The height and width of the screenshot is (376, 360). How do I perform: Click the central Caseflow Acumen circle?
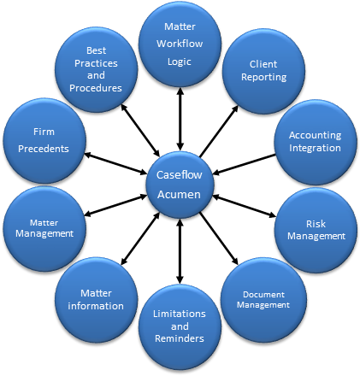pos(180,182)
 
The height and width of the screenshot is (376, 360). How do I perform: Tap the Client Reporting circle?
pos(263,71)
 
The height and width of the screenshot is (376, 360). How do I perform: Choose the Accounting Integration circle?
pos(315,142)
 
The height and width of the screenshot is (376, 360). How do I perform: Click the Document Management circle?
pos(263,299)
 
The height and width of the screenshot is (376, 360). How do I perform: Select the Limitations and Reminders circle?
pos(180,327)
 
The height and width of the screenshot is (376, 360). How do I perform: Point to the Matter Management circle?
pos(44,228)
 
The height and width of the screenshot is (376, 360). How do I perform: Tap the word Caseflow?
pos(180,174)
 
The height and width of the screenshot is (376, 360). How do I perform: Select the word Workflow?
pos(180,43)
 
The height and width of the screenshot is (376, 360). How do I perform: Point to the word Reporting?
pos(263,78)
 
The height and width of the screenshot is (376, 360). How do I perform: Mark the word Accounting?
pos(315,135)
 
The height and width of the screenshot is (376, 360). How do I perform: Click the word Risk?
pos(316,223)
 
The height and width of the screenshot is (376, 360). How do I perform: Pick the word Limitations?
pos(180,314)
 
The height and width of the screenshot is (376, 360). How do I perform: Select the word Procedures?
pos(97,88)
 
